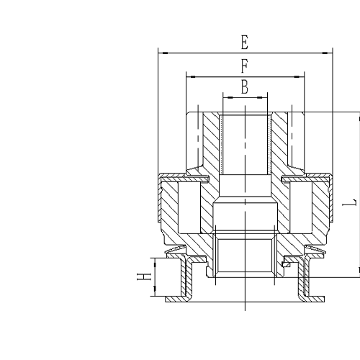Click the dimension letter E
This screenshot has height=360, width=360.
click(x=245, y=42)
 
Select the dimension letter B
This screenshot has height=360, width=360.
click(x=245, y=87)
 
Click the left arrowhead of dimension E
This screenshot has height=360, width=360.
click(x=161, y=53)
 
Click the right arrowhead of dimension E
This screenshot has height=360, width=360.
click(x=328, y=53)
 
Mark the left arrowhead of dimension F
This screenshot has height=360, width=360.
click(x=189, y=76)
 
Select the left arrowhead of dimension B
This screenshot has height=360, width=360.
click(x=226, y=96)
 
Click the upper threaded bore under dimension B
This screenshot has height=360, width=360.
click(x=245, y=144)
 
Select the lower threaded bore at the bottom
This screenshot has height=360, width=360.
click(x=245, y=256)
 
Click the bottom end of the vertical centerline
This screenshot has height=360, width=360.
click(x=245, y=309)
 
